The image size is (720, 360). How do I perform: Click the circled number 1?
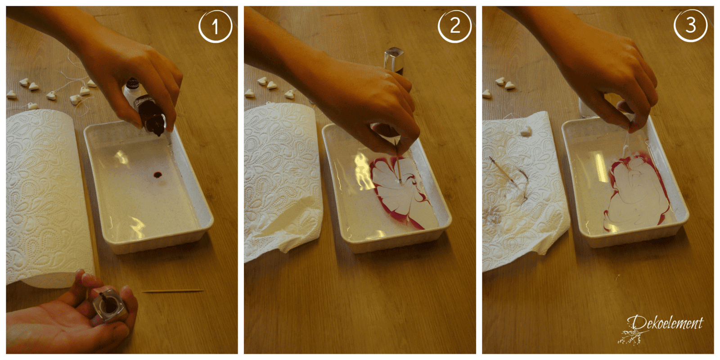215,27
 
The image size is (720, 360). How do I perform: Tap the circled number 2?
454,26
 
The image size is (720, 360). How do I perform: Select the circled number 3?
690,25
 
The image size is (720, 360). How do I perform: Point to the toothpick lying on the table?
173,291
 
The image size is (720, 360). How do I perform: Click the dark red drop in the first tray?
157,175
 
